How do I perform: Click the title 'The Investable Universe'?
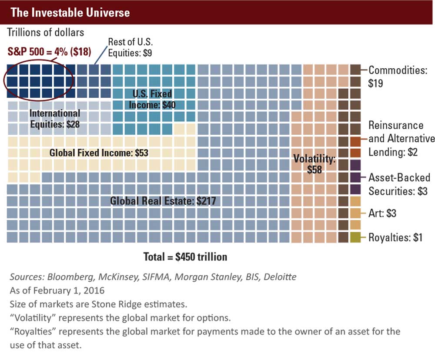[x=70, y=12]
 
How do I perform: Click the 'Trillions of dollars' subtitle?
[x=45, y=32]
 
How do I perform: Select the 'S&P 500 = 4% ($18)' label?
[x=49, y=52]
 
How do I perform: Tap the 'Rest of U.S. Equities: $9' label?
[x=130, y=48]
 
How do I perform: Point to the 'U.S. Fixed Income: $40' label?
[x=152, y=99]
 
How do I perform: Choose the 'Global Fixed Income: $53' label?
[x=99, y=153]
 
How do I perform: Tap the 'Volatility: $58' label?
[x=314, y=164]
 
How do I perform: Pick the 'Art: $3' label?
[x=382, y=213]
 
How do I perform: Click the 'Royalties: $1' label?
[x=395, y=237]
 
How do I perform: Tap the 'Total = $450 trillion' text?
[x=185, y=257]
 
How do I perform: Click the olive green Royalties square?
[x=355, y=237]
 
